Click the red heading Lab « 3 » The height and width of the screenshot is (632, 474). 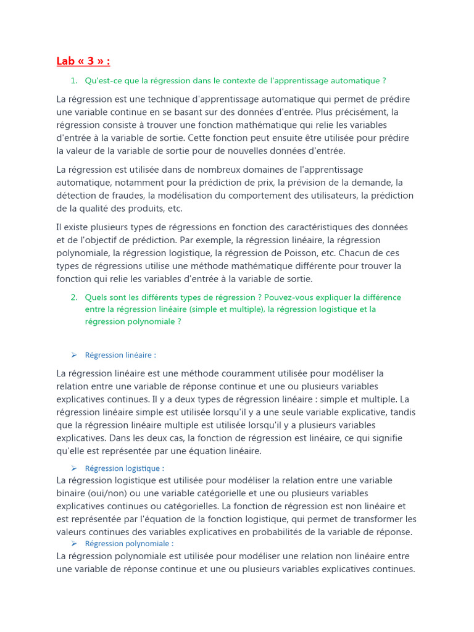coord(83,61)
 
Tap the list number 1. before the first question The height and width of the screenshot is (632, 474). coord(73,81)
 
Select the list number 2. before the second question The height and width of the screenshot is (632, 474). coord(73,297)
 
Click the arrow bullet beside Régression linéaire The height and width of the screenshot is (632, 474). coord(73,355)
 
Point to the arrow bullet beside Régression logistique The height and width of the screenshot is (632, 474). coord(73,468)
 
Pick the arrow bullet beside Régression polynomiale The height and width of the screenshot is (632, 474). coord(73,544)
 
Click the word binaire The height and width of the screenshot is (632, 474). coord(71,494)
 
